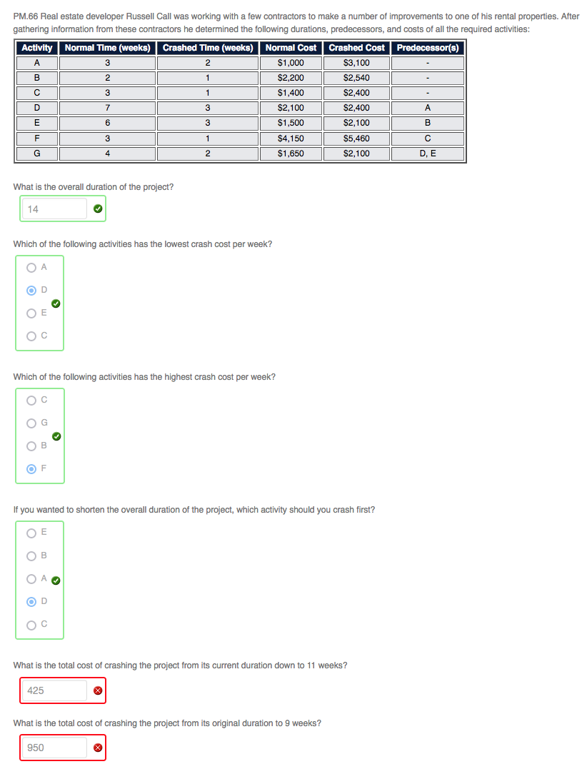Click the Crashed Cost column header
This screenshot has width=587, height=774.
(356, 48)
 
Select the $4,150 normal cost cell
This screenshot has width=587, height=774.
(291, 139)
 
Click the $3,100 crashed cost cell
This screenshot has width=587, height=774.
(356, 63)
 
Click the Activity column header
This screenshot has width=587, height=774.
(37, 48)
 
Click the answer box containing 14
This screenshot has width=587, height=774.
(54, 209)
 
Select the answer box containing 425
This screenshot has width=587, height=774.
(54, 690)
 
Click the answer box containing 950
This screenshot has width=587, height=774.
(54, 748)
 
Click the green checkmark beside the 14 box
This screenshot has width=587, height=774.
(98, 209)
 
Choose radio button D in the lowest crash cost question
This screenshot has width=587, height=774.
(31, 291)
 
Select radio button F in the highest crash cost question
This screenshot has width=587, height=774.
(31, 469)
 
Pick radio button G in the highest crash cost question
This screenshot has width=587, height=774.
(31, 423)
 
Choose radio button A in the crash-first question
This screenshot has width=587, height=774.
(31, 579)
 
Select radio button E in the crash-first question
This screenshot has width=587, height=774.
(31, 532)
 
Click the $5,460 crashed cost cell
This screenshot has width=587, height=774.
(356, 139)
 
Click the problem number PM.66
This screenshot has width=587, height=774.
(26, 16)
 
